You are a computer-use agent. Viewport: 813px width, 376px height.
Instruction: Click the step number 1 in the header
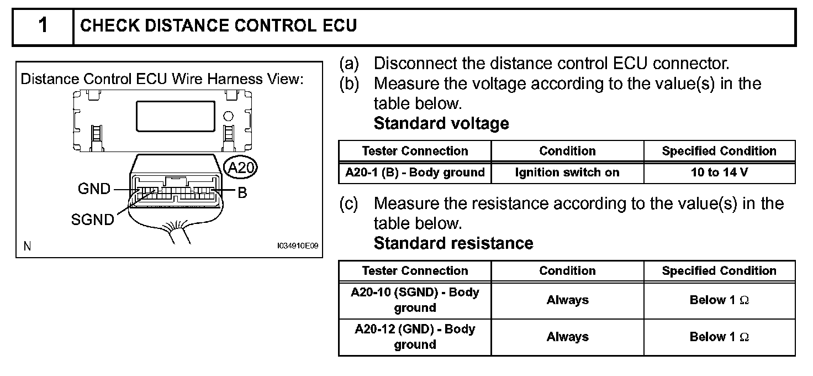[43, 26]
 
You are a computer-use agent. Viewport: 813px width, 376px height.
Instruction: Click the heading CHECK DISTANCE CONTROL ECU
[219, 26]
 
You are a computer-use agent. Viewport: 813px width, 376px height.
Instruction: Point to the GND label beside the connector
[94, 189]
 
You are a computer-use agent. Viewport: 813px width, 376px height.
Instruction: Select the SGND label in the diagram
[92, 220]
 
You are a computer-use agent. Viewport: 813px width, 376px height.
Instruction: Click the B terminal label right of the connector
[241, 194]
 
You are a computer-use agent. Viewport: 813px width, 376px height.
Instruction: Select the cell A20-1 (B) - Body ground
[415, 173]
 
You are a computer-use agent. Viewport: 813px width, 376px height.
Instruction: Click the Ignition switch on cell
[567, 173]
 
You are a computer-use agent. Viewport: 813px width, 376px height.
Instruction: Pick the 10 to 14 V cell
[719, 173]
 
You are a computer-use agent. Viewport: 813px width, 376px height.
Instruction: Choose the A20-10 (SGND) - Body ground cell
[415, 300]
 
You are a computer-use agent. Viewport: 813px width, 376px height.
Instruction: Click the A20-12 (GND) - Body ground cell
[415, 337]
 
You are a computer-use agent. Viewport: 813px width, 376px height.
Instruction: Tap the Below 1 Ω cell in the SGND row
[719, 300]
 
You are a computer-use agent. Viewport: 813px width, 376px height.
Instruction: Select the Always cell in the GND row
[567, 337]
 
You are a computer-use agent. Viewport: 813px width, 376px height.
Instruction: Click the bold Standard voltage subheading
[441, 123]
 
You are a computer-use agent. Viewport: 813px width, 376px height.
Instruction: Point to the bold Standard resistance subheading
[453, 243]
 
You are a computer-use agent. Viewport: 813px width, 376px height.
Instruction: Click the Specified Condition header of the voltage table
[719, 151]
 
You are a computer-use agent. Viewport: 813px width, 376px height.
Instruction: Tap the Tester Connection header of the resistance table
[415, 271]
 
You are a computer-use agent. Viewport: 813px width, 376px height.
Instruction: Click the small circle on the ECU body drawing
[228, 117]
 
